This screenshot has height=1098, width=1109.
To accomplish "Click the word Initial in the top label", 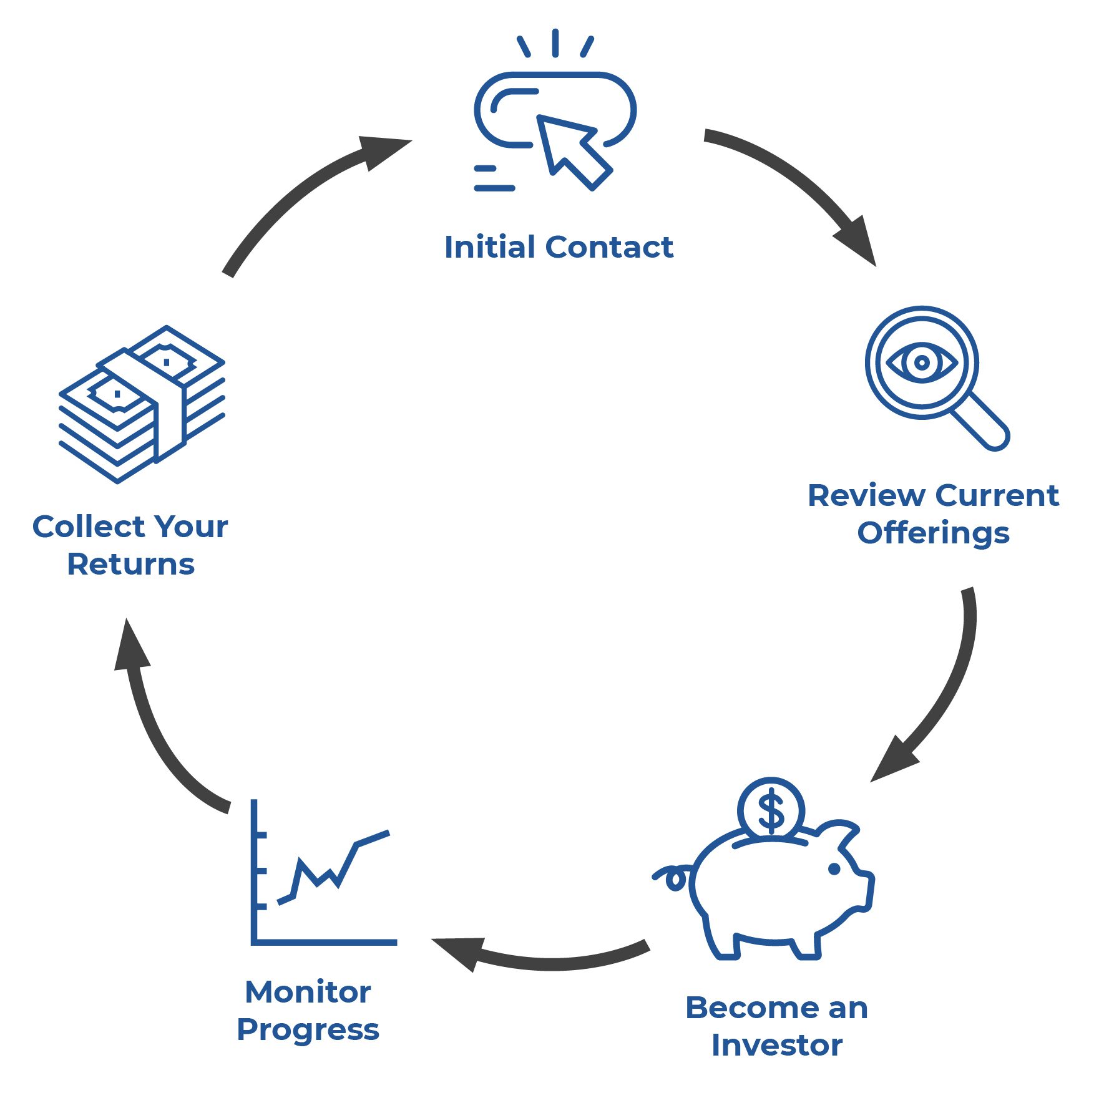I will click(x=490, y=247).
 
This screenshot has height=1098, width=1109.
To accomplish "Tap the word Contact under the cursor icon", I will click(x=610, y=247).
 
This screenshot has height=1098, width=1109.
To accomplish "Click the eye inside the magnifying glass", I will click(x=921, y=362).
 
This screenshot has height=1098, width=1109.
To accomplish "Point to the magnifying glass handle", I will click(x=981, y=422).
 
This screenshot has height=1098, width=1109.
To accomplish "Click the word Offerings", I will click(x=933, y=534).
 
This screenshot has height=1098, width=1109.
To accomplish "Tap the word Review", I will click(x=866, y=496).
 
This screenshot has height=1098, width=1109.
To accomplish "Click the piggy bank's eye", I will click(x=834, y=869).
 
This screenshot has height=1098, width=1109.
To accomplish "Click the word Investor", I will click(x=776, y=1046).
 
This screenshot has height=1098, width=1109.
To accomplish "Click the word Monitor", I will click(x=308, y=992).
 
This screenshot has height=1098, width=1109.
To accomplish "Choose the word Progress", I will click(x=308, y=1030).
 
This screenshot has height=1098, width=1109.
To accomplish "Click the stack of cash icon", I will click(x=142, y=403).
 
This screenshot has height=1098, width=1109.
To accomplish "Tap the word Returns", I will click(x=130, y=565).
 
